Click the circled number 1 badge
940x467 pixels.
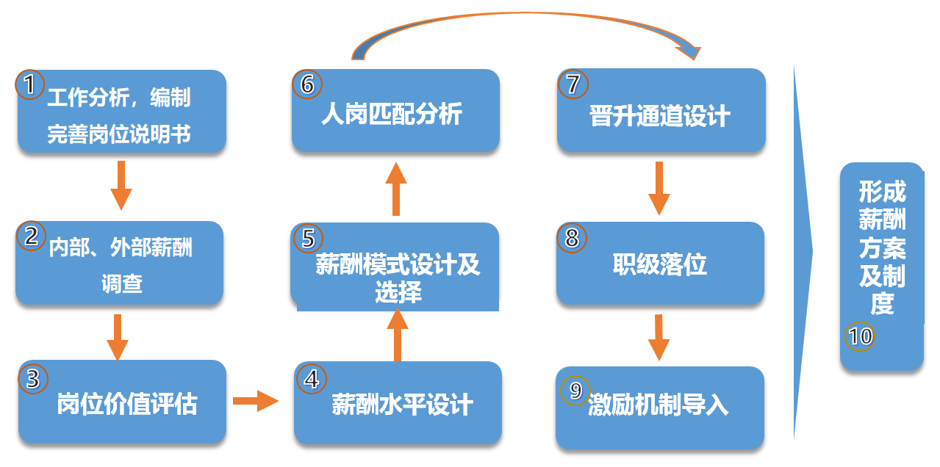click(x=29, y=84)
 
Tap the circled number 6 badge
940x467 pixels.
click(x=306, y=84)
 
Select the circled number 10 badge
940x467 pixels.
click(x=860, y=336)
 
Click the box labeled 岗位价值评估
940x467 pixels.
click(x=122, y=402)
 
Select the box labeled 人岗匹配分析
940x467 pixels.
click(x=395, y=111)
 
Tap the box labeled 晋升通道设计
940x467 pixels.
click(x=661, y=111)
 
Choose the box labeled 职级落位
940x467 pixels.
click(x=660, y=264)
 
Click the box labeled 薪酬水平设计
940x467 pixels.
click(x=398, y=404)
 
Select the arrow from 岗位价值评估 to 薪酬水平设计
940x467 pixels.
click(x=256, y=401)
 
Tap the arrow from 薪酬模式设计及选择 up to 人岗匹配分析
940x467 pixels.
click(x=395, y=189)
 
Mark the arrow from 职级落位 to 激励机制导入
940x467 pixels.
click(x=659, y=336)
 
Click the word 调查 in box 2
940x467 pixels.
click(x=122, y=283)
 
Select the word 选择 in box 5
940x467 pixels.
click(x=398, y=293)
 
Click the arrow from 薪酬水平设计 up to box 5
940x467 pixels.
click(x=398, y=334)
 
